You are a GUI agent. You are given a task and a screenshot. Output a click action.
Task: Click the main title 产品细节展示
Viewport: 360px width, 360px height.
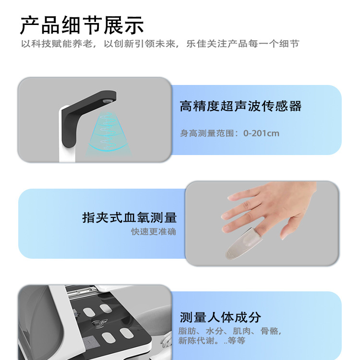point(82,25)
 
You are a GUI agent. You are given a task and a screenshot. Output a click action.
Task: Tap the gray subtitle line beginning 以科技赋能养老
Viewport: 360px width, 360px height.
point(160,44)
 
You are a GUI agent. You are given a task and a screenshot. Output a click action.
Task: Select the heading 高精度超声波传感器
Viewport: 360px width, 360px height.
point(240,106)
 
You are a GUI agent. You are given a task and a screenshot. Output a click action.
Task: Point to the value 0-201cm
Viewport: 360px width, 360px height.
point(261,133)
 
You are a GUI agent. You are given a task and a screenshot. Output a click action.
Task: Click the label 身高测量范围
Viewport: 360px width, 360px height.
point(207,133)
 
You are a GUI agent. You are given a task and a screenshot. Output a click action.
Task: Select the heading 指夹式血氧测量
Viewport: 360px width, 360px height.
point(130,217)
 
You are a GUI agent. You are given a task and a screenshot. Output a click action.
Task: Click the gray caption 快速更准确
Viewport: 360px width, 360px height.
point(154,232)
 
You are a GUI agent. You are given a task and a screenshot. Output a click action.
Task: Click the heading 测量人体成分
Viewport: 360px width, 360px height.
point(220,317)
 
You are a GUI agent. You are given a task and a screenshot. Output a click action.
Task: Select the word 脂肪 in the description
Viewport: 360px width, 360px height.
point(187,331)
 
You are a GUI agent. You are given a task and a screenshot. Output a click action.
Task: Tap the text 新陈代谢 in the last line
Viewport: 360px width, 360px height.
point(196,340)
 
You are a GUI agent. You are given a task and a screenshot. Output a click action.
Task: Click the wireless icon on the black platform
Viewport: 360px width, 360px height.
point(100,323)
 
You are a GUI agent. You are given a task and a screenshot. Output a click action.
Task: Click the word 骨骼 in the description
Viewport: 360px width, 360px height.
point(269,331)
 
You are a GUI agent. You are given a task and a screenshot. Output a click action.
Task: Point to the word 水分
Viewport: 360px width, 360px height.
point(215,331)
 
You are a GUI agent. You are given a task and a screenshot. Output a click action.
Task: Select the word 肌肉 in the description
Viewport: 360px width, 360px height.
point(242,331)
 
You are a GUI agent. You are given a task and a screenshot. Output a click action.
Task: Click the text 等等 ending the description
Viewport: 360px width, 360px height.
point(236,340)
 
